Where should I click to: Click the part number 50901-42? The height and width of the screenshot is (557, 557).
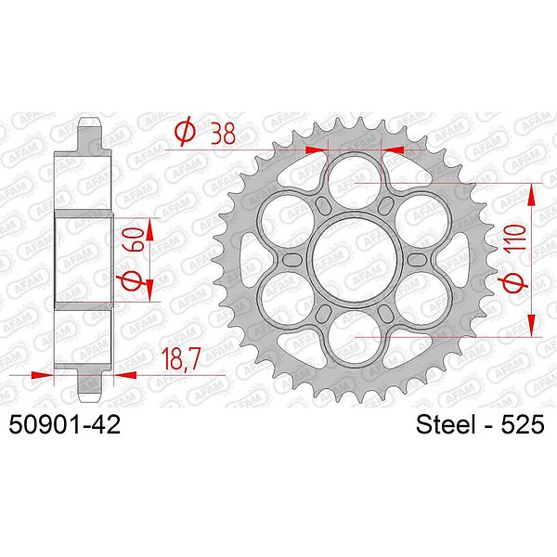click(x=64, y=424)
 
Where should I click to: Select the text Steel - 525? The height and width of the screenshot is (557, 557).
click(x=480, y=424)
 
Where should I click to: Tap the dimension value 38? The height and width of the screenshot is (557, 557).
click(x=223, y=133)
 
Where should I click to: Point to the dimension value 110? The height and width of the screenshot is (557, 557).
click(x=516, y=239)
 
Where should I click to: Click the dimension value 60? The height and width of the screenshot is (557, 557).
click(x=133, y=240)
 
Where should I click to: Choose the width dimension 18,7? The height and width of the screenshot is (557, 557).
click(x=181, y=358)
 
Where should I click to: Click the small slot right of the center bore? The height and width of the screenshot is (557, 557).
click(x=417, y=260)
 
